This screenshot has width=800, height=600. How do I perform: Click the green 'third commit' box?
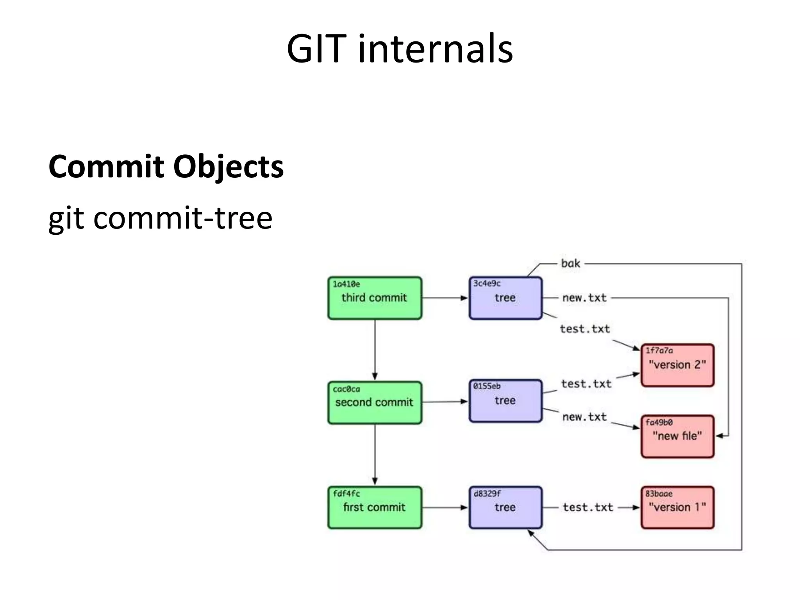375,298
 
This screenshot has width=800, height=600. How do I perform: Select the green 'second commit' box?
375,403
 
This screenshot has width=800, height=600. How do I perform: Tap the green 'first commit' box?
375,507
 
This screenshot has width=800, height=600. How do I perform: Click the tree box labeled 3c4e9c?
505,298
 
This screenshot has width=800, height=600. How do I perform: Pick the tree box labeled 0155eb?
505,401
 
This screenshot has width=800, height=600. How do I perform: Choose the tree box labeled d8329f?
505,507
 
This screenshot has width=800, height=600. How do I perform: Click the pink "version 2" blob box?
677,365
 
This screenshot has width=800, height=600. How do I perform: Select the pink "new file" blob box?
677,436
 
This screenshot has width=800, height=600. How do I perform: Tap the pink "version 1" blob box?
677,507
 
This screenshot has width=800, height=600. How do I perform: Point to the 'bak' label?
570,264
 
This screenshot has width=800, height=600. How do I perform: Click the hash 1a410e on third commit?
346,284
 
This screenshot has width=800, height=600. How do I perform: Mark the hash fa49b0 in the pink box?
659,422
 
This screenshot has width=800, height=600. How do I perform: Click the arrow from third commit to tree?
445,298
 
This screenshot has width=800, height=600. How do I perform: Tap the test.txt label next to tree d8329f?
588,507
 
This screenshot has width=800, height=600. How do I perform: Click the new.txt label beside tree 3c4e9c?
584,298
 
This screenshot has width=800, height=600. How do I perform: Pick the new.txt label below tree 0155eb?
584,417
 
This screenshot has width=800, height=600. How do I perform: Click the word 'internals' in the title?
435,49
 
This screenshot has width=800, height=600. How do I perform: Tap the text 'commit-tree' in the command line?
183,218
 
